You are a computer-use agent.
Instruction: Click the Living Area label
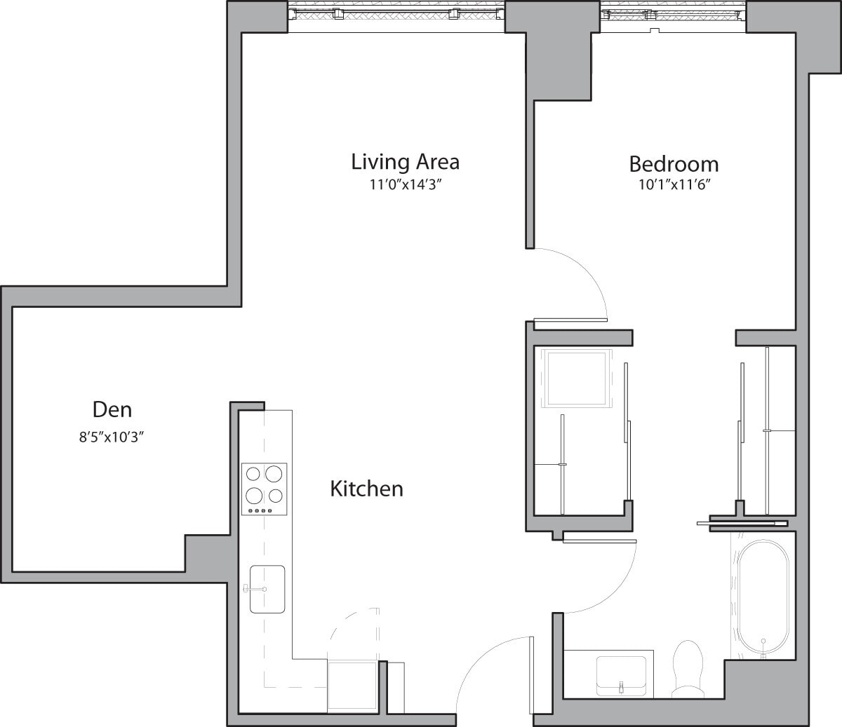coord(405,162)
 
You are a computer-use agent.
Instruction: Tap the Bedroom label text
coord(674,164)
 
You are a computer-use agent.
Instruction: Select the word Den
coord(112,409)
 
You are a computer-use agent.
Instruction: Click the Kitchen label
coord(366,489)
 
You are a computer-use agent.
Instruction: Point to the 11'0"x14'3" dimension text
coord(405,185)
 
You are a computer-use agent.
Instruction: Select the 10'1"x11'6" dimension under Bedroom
coord(674,186)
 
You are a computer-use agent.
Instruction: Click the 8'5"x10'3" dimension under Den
coord(112,437)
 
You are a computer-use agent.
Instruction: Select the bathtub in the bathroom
coord(763,599)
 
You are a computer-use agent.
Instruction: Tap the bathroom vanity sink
coord(622,674)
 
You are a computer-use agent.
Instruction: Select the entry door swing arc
coord(484,666)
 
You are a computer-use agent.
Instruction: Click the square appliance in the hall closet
coord(576,378)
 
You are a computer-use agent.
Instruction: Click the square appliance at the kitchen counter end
coord(354,685)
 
